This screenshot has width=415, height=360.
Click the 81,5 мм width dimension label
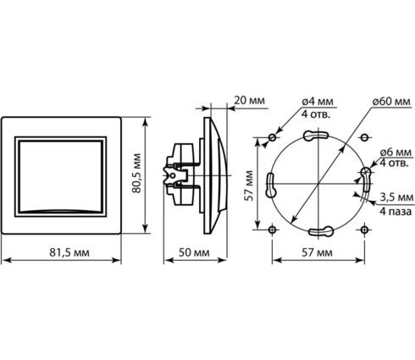click(69, 252)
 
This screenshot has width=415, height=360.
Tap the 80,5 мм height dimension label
click(136, 173)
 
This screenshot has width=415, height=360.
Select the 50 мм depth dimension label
click(194, 252)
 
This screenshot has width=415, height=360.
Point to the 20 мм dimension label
click(250, 100)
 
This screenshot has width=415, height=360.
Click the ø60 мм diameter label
click(391, 101)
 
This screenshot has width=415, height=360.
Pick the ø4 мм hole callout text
click(318, 101)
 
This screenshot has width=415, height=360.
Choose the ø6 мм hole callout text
click(396, 152)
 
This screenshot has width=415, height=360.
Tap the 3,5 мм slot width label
click(396, 197)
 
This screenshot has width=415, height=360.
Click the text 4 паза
click(396, 211)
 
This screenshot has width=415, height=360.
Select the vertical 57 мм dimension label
click(249, 186)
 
